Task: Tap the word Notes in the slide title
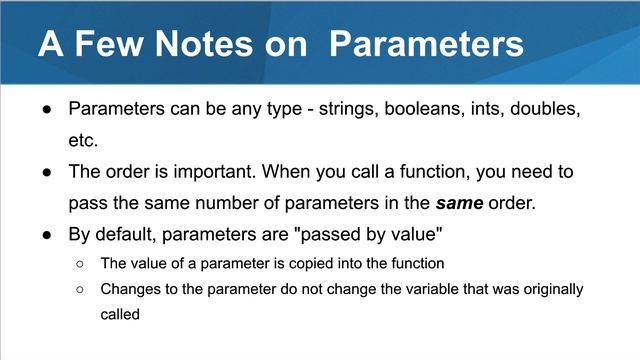tap(218, 44)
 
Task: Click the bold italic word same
tap(461, 204)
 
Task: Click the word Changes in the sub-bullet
tap(129, 289)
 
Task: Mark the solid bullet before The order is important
tap(46, 172)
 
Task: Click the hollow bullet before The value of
tap(79, 265)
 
